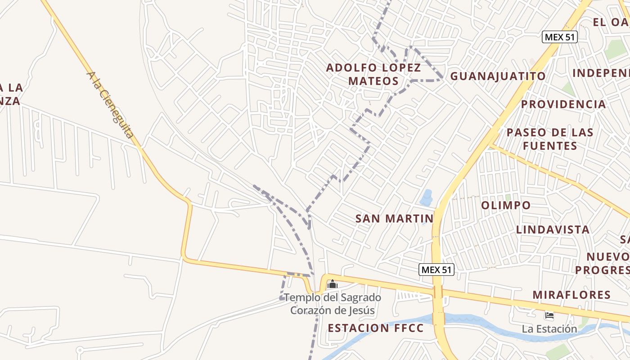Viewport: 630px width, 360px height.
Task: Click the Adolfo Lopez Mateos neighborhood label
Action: click(373, 74)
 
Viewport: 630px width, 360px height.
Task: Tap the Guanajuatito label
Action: click(498, 76)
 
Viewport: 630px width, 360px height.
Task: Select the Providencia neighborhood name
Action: click(563, 104)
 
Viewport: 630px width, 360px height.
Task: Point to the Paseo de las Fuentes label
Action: click(549, 139)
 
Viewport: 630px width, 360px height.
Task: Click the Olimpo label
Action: click(506, 206)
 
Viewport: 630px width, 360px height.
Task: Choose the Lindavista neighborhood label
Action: click(553, 229)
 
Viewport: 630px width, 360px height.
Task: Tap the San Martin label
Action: click(394, 219)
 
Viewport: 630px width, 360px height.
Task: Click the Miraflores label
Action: click(571, 295)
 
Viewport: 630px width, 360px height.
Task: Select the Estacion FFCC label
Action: click(376, 328)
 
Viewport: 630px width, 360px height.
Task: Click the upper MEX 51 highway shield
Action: click(559, 37)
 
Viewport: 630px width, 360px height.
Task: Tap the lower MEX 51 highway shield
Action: click(436, 270)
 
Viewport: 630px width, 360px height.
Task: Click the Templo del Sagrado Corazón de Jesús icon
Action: click(333, 284)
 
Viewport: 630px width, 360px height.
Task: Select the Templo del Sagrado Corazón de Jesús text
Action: click(333, 304)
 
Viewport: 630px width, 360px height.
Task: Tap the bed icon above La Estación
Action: click(549, 315)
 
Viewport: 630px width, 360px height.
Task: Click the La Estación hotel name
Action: click(549, 329)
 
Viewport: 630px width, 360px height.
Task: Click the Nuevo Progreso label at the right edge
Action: click(607, 263)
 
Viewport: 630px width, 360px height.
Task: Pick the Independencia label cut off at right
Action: click(601, 73)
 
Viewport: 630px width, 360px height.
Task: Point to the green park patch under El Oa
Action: click(616, 49)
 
